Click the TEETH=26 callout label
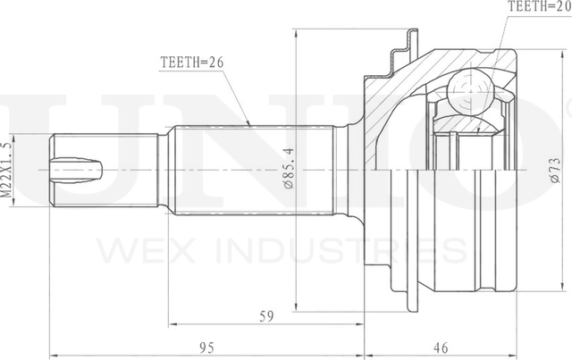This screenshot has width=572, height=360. tap(191, 63)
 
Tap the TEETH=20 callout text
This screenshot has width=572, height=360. tap(540, 6)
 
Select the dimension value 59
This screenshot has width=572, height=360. tap(266, 316)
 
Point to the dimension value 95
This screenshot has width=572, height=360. tap(206, 347)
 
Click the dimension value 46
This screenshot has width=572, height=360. tap(441, 347)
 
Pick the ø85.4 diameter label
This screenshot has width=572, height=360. tap(289, 169)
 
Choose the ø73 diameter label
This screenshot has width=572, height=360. tap(554, 170)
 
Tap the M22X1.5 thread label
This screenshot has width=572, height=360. tap(6, 169)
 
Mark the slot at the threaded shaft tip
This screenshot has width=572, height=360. tap(76, 171)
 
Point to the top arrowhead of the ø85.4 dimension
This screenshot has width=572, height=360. tap(297, 33)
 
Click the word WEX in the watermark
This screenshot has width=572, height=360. tap(146, 251)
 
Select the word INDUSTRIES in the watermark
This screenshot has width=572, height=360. tap(341, 251)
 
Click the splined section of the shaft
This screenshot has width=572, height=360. tap(254, 170)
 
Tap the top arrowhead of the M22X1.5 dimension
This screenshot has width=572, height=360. tap(14, 139)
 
